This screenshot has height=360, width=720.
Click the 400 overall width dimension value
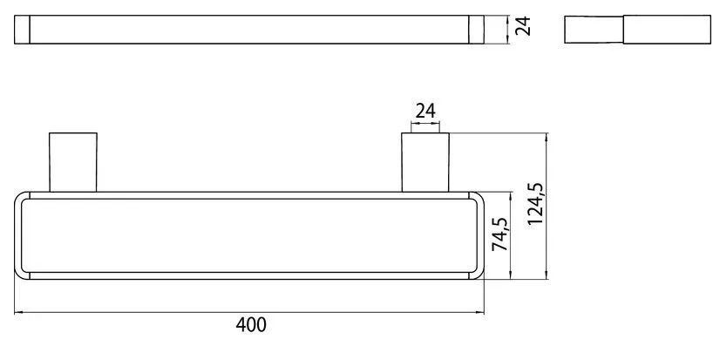(x=251, y=326)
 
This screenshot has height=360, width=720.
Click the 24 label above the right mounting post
(x=425, y=111)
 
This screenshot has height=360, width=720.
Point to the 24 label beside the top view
(x=523, y=30)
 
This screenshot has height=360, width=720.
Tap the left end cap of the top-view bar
(x=23, y=30)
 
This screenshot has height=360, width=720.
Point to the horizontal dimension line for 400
(x=251, y=311)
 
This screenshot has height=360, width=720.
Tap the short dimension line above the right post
(x=425, y=125)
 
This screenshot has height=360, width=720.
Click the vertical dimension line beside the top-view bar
(x=508, y=30)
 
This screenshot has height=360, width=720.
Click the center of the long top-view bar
(x=251, y=30)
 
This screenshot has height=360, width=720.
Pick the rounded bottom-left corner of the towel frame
(x=21, y=272)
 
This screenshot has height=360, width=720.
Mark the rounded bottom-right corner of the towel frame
(x=480, y=272)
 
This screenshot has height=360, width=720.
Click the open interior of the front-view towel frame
(x=251, y=235)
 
